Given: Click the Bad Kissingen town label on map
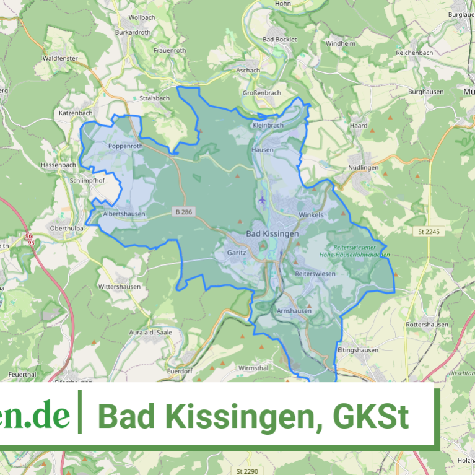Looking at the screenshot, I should pos(272,233).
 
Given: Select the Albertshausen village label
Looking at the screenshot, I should pos(124,214).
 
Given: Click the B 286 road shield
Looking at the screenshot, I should pos(183,212).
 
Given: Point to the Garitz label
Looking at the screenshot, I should pos(236,253).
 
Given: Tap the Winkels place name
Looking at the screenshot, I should pos(311,215).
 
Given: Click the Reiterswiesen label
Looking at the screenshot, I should pos(315,273).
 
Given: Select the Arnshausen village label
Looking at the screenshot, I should pos(294,310).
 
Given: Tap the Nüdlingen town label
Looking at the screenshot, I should pos(363,167).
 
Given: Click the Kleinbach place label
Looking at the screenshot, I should pos(268,125).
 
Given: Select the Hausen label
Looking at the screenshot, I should pos(261,150).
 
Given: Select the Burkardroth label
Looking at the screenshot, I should pos(133,31).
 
